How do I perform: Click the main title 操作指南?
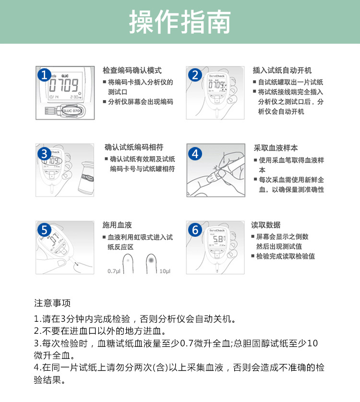pyautogui.click(x=180, y=22)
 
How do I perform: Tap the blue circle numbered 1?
pyautogui.click(x=45, y=75)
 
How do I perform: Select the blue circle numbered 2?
pyautogui.click(x=195, y=75)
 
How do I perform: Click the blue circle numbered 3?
pyautogui.click(x=45, y=154)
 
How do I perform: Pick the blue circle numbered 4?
pyautogui.click(x=195, y=154)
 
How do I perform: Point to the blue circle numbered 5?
pyautogui.click(x=45, y=230)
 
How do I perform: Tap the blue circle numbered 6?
pyautogui.click(x=195, y=230)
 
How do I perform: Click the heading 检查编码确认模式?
pyautogui.click(x=132, y=71)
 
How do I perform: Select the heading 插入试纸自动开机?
pyautogui.click(x=282, y=71)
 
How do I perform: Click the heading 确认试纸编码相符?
pyautogui.click(x=134, y=147)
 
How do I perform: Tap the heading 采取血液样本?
pyautogui.click(x=276, y=147)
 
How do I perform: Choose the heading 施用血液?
pyautogui.click(x=117, y=225)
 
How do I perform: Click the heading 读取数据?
pyautogui.click(x=266, y=225)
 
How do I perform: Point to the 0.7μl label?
pyautogui.click(x=113, y=271)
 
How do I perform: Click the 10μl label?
pyautogui.click(x=165, y=271)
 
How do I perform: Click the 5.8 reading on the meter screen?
pyautogui.click(x=218, y=239)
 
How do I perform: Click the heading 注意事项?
pyautogui.click(x=52, y=303)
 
